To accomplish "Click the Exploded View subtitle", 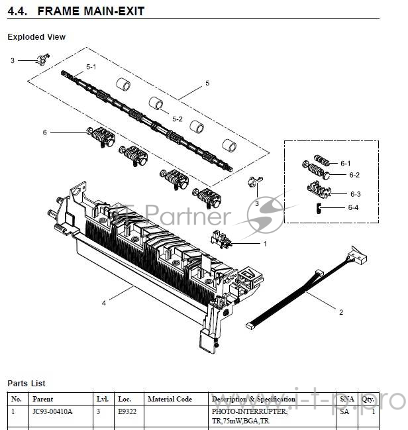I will pos(36,37).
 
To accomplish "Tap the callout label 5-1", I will pos(91,68).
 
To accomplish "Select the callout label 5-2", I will pos(177,119).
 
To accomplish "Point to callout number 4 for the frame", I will pos(104,303).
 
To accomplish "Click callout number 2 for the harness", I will pos(340,312).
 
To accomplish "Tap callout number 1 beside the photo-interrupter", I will pos(265,244).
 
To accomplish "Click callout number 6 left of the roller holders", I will pos(45,133).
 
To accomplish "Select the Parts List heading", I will pos(26,384).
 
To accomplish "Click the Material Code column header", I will pos(170,400).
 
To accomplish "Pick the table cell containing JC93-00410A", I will pos(52,412).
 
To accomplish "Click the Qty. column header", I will pos(368,400).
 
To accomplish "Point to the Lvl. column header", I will pos(102,400).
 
